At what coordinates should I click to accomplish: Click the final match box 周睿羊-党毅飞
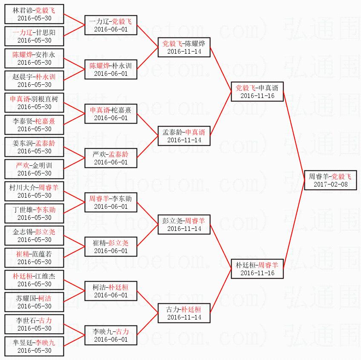tap(330, 180)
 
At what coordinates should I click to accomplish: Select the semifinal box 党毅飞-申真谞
tap(257, 92)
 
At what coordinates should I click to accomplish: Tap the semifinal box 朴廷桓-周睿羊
tap(257, 269)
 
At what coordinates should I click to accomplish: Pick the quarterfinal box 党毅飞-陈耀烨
tap(184, 47)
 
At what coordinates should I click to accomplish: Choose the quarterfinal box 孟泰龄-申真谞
tap(184, 136)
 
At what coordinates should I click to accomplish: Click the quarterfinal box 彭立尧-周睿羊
tap(184, 225)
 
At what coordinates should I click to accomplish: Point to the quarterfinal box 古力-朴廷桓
tap(184, 313)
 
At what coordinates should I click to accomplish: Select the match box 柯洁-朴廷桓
tap(111, 291)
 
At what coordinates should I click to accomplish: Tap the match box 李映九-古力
tap(111, 335)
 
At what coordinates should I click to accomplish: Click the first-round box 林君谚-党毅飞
tap(34, 14)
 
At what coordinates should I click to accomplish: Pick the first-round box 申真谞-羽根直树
tap(34, 103)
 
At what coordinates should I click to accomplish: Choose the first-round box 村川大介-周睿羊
tap(34, 191)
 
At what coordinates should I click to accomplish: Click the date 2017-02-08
tap(331, 184)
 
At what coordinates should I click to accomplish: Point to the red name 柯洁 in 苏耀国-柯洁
tap(45, 298)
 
